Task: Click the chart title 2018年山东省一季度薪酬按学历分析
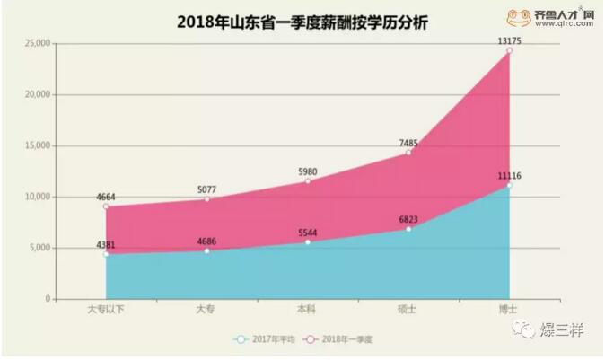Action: point(302,22)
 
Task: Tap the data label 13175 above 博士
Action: point(509,40)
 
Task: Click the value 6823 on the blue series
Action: point(408,218)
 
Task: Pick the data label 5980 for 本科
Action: point(307,171)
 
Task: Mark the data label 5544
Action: point(307,232)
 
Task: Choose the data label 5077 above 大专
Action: point(206,189)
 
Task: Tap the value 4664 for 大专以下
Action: point(105,197)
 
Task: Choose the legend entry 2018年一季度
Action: point(337,339)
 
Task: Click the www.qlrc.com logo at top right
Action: point(551,18)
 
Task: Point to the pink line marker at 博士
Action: point(509,51)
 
